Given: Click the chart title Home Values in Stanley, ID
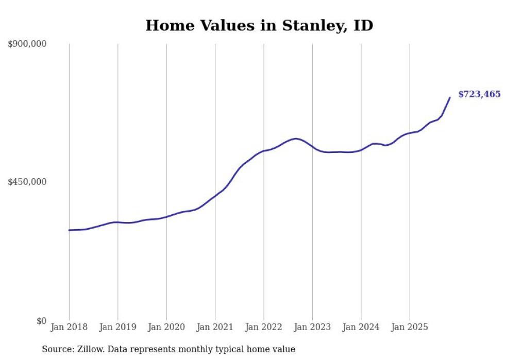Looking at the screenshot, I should [259, 25].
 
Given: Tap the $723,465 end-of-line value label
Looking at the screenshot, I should [479, 94].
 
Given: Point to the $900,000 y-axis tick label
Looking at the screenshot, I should [27, 44].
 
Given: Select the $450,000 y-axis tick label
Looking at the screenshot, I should [27, 182].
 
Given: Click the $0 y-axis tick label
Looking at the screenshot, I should [41, 321].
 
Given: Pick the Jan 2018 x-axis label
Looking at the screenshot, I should [69, 327].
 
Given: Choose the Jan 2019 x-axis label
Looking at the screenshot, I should [117, 327].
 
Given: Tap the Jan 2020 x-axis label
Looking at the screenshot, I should [166, 327].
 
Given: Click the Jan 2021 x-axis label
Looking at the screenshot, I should [215, 327].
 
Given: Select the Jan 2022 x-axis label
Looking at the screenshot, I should [264, 327].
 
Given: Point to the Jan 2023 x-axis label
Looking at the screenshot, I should [312, 327].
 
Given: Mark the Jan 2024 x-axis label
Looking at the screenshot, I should [361, 327].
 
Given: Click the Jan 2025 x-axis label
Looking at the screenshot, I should [410, 327].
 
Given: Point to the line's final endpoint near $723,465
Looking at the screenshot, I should [450, 97].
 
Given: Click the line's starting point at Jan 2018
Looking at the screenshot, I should [69, 230].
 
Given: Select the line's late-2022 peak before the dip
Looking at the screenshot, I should [295, 139].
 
